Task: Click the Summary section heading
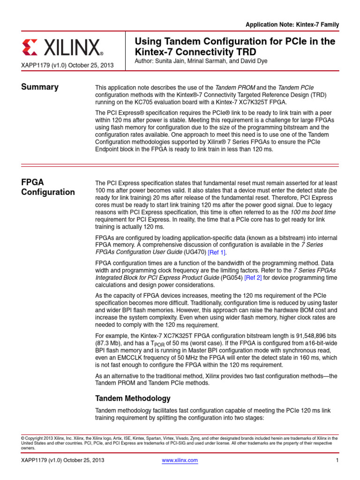(40, 87)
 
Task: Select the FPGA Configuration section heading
(48, 187)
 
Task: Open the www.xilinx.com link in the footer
(180, 460)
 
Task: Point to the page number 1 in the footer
(337, 460)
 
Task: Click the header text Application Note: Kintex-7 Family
(292, 24)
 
